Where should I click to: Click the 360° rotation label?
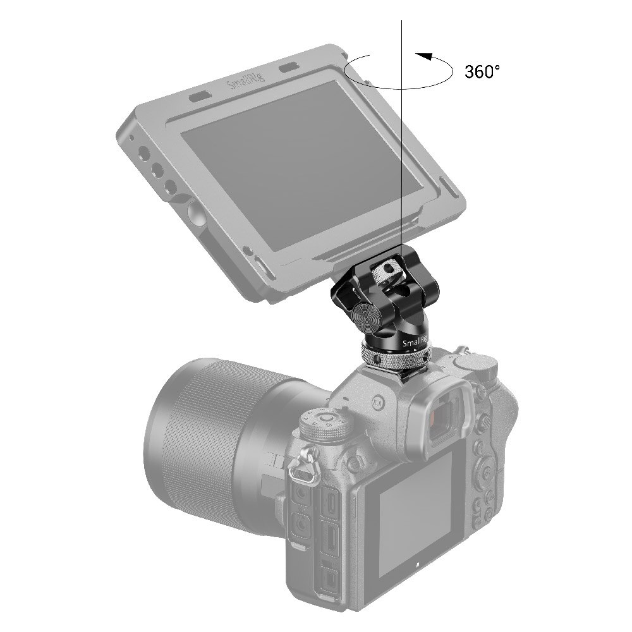click(482, 71)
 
